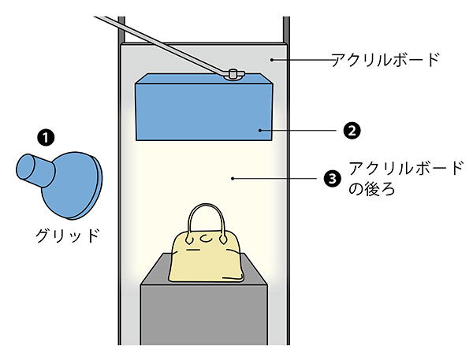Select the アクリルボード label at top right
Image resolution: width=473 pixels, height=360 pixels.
(383, 60)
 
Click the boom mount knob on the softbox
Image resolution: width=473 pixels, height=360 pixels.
(233, 74)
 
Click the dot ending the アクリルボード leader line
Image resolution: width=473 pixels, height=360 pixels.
(270, 59)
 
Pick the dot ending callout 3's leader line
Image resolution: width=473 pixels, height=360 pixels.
(234, 179)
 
